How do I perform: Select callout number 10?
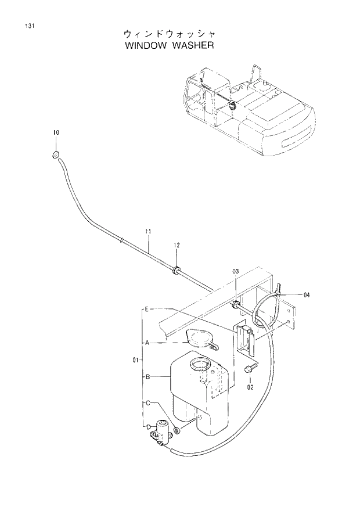click(56, 133)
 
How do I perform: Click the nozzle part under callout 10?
click(54, 154)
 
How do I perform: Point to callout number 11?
click(148, 232)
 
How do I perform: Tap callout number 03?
click(236, 272)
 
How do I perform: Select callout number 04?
click(307, 295)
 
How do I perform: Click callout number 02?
click(251, 386)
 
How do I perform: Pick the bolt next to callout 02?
click(250, 369)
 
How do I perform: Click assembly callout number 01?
click(134, 360)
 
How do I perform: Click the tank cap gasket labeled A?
click(198, 339)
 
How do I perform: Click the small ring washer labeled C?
click(177, 431)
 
